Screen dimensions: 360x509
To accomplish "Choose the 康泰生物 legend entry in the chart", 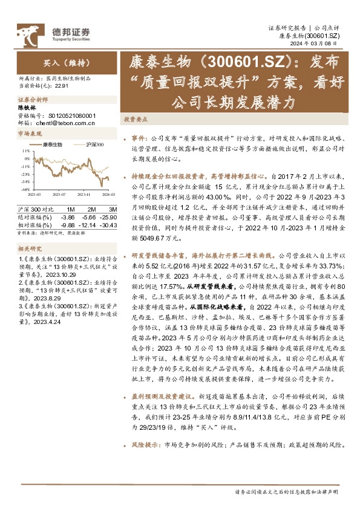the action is [x=51, y=145].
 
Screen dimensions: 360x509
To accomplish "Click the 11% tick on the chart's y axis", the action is [x=25, y=151].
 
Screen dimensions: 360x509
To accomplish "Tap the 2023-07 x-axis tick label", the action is [x=58, y=194].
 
